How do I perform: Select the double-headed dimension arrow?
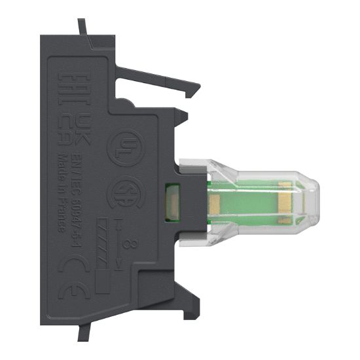(x=117, y=244)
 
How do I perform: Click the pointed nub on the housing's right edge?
(x=185, y=117)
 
